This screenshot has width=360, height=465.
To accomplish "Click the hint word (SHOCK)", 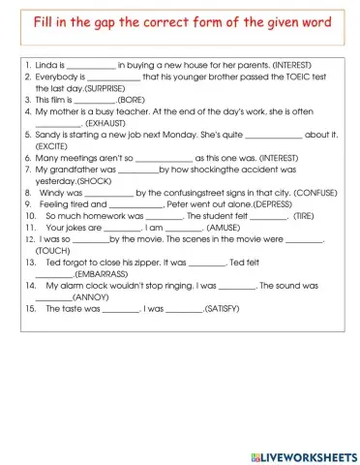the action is click(x=94, y=180).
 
